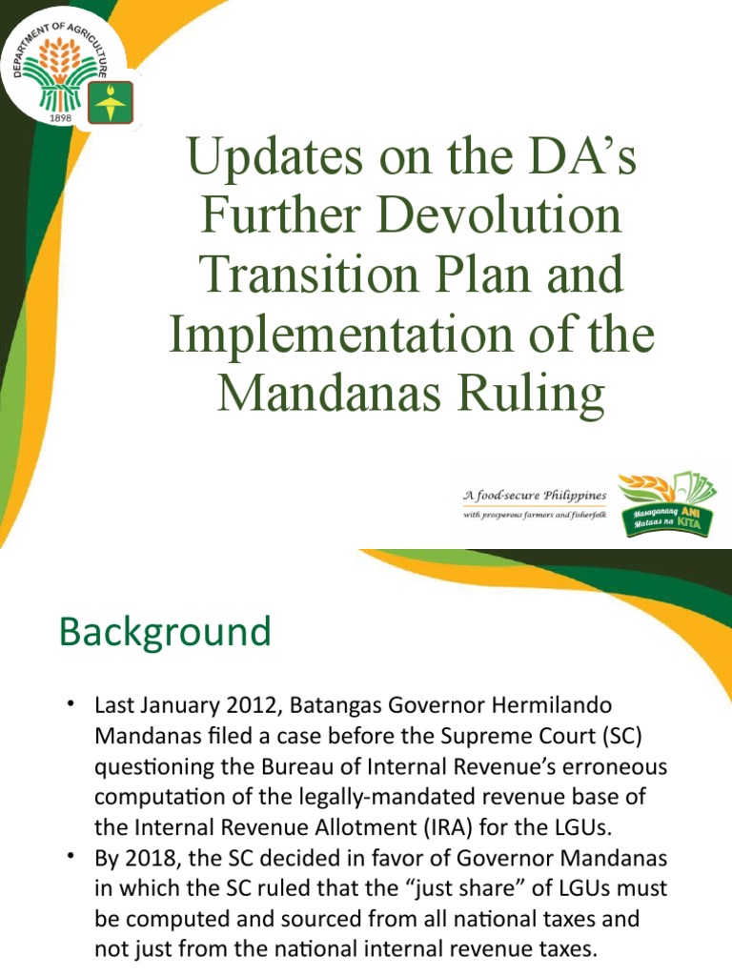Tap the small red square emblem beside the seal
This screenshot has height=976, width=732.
111,102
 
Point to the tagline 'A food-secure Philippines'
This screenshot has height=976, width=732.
534,496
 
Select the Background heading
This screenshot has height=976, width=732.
164,632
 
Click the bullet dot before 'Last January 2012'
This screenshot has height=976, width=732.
71,704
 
